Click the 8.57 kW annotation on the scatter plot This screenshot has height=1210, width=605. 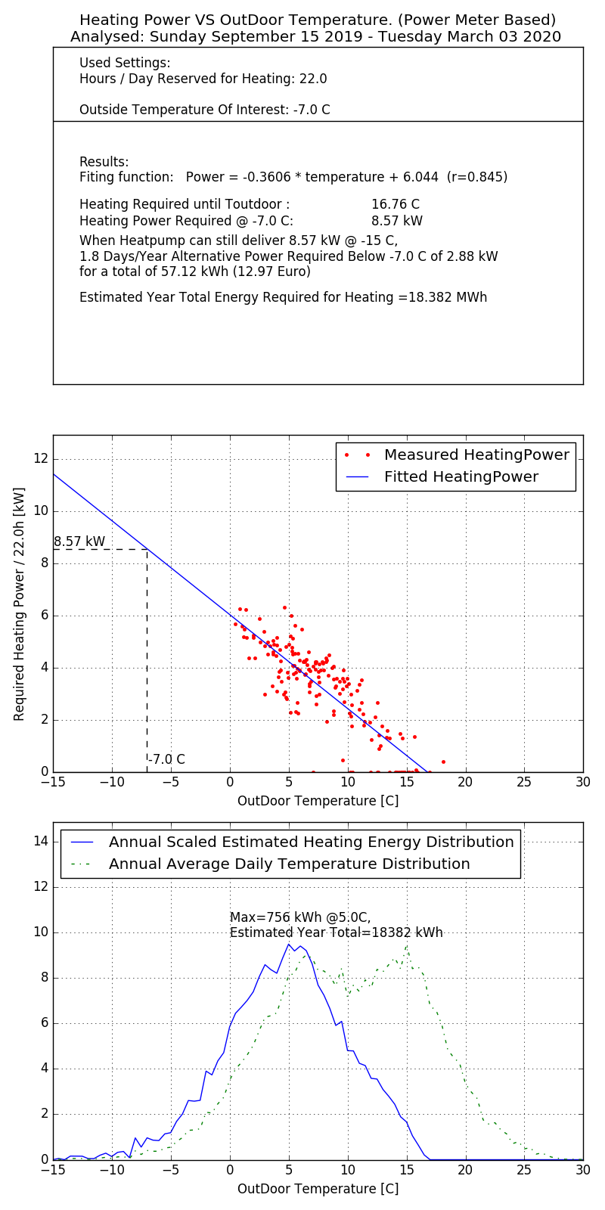pos(79,541)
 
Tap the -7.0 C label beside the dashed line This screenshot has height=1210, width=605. pos(167,759)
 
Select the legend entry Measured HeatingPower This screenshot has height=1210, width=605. pos(476,455)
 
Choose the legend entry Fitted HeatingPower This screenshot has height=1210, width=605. pos(461,477)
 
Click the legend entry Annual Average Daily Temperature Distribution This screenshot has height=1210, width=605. pos(290,864)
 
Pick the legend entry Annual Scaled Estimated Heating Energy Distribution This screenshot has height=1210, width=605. pos(311,842)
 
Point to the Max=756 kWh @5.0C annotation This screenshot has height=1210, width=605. pos(300,917)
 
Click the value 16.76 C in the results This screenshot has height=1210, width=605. pos(395,205)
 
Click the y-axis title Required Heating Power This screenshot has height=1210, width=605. pos(20,603)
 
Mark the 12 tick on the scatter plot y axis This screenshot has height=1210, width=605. pos(41,458)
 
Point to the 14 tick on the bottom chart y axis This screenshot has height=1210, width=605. pos(41,841)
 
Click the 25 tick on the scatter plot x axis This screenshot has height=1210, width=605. pos(524,783)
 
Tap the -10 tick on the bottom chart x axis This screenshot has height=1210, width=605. pos(112,1171)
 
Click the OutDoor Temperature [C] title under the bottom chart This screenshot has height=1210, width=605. pos(318,1189)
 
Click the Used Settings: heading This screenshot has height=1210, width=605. pos(125,63)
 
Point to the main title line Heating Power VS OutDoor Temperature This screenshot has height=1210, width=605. pos(318,20)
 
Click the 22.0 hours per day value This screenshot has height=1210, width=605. pos(314,79)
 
